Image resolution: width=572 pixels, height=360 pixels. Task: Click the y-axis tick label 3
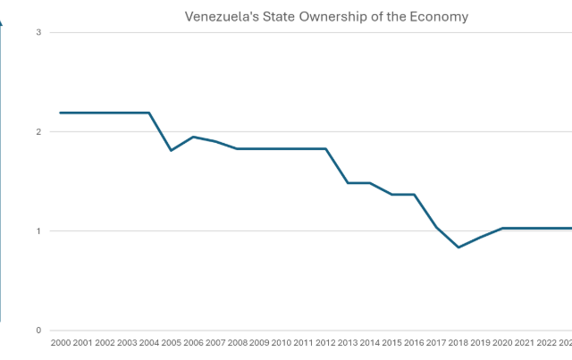(x=38, y=32)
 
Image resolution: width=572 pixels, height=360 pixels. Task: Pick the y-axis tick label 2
(x=38, y=131)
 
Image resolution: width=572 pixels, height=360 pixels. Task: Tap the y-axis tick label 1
(x=38, y=231)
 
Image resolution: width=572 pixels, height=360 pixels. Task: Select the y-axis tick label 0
(x=38, y=331)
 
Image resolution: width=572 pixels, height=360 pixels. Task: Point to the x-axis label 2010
(x=281, y=342)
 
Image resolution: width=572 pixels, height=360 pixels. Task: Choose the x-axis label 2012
(x=325, y=342)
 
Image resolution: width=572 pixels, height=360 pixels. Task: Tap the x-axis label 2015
(x=391, y=342)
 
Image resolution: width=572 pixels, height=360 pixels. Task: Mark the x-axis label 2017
(x=436, y=342)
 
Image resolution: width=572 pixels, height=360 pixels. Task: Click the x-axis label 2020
(x=502, y=342)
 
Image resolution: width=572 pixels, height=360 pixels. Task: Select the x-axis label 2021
(x=525, y=342)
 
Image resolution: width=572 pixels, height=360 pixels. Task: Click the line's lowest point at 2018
(x=458, y=247)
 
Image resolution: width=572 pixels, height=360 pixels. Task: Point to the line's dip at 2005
(x=172, y=150)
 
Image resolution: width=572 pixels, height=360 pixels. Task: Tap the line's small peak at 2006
(x=193, y=136)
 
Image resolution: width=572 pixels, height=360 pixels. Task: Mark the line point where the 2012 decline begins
(x=325, y=148)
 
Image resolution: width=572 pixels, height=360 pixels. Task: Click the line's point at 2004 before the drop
(x=149, y=113)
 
